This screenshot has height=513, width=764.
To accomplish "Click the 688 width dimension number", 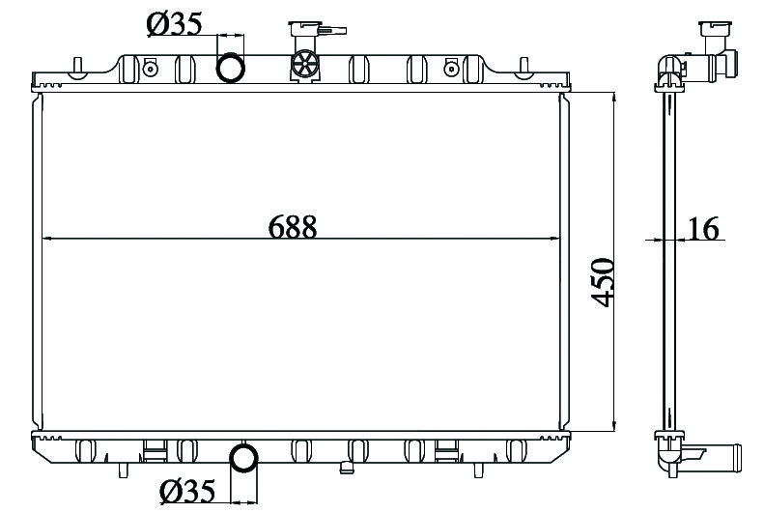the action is click(293, 226).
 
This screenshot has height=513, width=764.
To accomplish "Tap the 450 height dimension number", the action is click(604, 282).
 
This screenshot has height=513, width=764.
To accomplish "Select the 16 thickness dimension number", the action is click(702, 229).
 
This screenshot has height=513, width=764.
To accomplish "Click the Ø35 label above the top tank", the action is click(174, 24).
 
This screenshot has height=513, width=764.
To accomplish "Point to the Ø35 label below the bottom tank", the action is click(187, 491).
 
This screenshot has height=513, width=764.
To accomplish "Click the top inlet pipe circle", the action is click(230, 68).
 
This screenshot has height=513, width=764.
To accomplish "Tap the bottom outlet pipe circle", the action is click(243, 458).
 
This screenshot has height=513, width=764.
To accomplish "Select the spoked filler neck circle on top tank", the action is click(305, 64).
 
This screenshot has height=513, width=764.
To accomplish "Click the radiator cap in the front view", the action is click(305, 29).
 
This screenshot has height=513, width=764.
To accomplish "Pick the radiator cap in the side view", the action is click(715, 29).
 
